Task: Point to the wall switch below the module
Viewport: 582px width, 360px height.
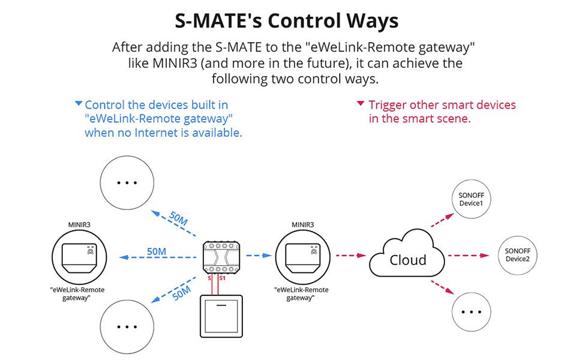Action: click(x=221, y=316)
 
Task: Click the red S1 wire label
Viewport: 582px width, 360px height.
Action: click(x=223, y=278)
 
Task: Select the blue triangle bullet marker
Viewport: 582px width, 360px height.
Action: click(x=79, y=103)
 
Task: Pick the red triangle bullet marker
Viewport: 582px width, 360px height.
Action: click(x=361, y=103)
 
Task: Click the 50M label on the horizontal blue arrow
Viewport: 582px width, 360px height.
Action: click(x=156, y=251)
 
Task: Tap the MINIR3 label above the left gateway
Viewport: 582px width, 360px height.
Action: click(x=79, y=224)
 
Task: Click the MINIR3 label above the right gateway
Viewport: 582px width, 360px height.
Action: click(x=302, y=224)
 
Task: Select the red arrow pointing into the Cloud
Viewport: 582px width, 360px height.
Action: click(x=351, y=256)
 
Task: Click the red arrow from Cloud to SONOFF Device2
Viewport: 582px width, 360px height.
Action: click(x=469, y=256)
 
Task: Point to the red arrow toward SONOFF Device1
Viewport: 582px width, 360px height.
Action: click(x=442, y=220)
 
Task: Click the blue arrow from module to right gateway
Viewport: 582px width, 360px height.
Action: click(x=259, y=256)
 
